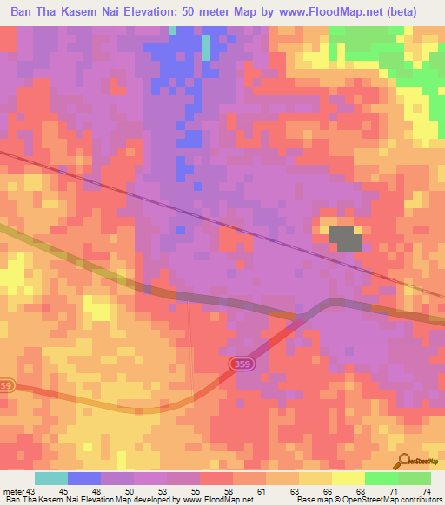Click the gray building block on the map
point(345,238)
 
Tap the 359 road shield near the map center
point(244,364)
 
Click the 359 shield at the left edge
point(7,384)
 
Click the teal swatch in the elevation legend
point(51,478)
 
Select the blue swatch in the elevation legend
point(84,478)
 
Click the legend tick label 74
point(426,490)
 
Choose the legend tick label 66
point(327,490)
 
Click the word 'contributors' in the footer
point(420,500)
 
